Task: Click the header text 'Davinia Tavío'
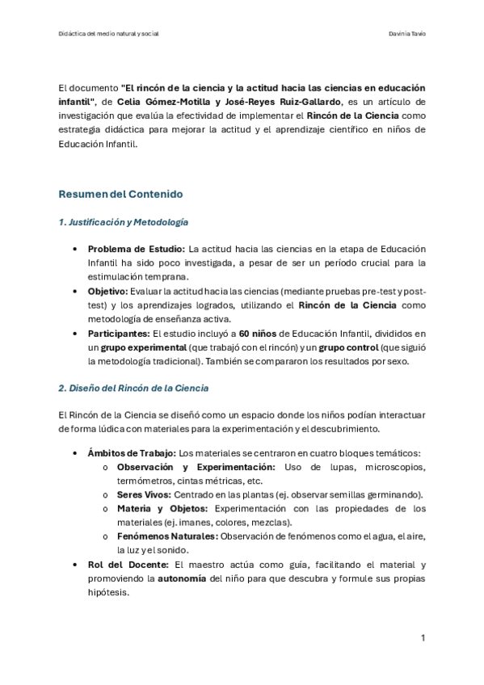click(x=407, y=34)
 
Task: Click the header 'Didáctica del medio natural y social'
click(x=109, y=34)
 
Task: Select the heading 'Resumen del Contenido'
click(x=121, y=194)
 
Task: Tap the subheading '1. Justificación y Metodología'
click(x=124, y=221)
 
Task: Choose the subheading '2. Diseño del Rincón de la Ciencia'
click(x=133, y=388)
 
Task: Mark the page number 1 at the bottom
click(x=423, y=638)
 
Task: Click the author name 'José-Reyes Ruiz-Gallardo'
click(x=275, y=101)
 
